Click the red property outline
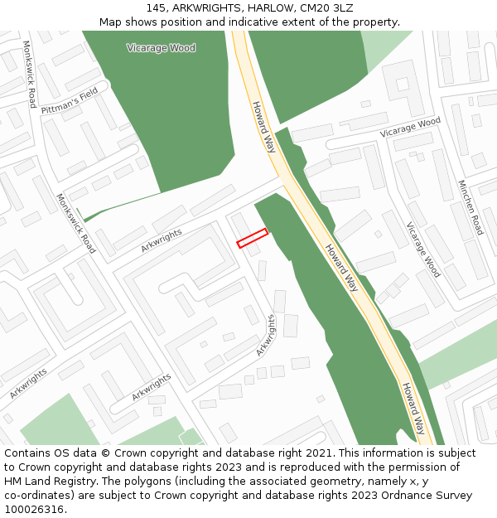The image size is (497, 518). pyautogui.click(x=253, y=238)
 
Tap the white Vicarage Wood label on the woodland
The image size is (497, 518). pyautogui.click(x=161, y=48)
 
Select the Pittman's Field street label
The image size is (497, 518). pyautogui.click(x=70, y=100)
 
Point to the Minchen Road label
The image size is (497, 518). pyautogui.click(x=470, y=206)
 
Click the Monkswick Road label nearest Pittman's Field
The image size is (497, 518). pyautogui.click(x=29, y=75)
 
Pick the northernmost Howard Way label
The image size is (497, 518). pyautogui.click(x=264, y=127)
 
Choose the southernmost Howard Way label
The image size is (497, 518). pyautogui.click(x=414, y=408)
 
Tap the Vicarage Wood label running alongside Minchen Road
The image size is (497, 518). pyautogui.click(x=422, y=249)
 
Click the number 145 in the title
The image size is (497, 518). pyautogui.click(x=157, y=8)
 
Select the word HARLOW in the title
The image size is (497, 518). pyautogui.click(x=266, y=8)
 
